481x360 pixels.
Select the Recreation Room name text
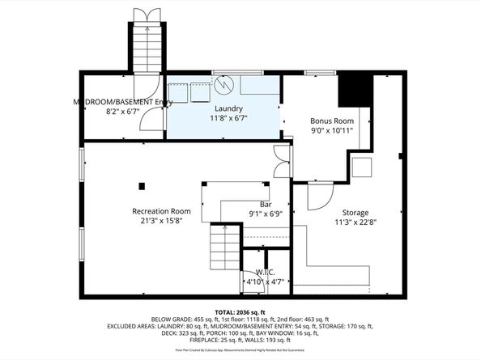161,211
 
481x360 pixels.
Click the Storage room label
354,212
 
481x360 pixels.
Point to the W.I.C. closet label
265,272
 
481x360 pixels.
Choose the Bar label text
265,205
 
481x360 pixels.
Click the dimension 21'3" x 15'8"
161,221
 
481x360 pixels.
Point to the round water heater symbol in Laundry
224,84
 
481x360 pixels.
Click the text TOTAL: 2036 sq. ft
240,311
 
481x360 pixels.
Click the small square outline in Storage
362,167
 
